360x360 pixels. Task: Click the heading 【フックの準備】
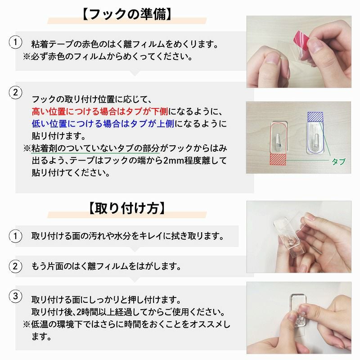click(126, 13)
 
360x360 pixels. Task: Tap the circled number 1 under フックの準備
click(15, 43)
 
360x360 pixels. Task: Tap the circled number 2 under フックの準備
click(15, 93)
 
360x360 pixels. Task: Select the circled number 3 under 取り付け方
click(15, 296)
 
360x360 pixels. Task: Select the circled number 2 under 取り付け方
click(15, 265)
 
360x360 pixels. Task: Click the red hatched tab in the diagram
click(278, 159)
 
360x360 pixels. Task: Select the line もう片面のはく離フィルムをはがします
click(106, 265)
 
